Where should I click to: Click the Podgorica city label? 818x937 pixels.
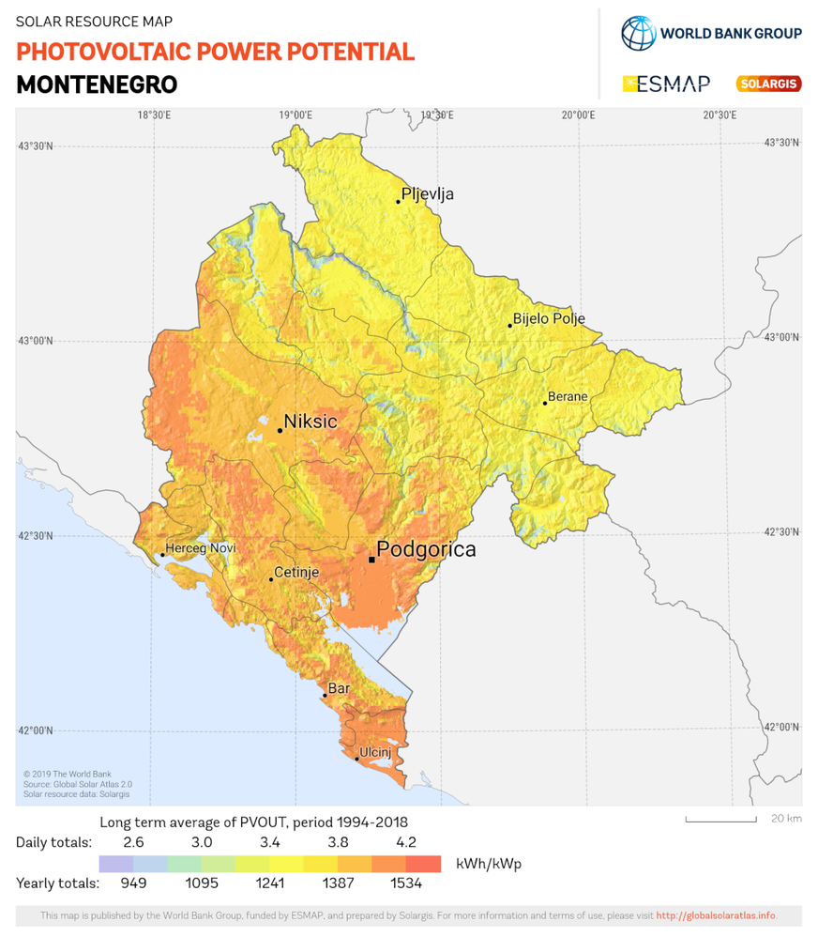pos(426,549)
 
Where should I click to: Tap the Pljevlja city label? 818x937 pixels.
pos(427,194)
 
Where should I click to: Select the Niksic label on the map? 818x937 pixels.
pos(310,422)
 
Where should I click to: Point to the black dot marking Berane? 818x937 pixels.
pos(545,403)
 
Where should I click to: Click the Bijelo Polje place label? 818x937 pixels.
pos(549,318)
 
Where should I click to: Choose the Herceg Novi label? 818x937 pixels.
pos(200,548)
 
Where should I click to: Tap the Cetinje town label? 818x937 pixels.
pos(295,572)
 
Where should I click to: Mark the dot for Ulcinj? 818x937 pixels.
pos(356,759)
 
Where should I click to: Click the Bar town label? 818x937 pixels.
pos(339,688)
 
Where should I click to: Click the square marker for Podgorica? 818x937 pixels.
pos(371,560)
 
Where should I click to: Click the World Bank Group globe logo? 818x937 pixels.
pos(638,33)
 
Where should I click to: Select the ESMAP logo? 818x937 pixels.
pos(666,84)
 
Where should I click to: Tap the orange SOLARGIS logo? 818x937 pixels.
pos(768,84)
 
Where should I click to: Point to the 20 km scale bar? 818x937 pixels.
pos(720,820)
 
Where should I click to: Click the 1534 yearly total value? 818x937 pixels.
pos(405,883)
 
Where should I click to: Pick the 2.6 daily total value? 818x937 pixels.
pos(133,842)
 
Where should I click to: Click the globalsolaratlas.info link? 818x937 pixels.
pos(716,915)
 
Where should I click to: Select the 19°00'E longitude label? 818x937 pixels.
pos(295,115)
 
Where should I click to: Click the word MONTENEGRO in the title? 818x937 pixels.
pos(97,84)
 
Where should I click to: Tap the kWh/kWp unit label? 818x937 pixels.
pos(488,864)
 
